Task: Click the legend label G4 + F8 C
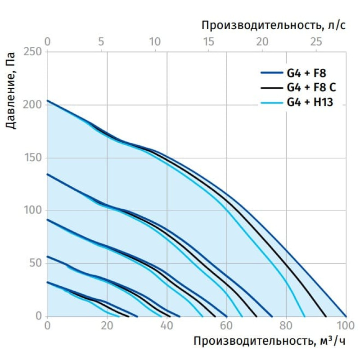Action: click(x=311, y=87)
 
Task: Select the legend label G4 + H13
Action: click(x=310, y=102)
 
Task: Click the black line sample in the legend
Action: click(x=272, y=88)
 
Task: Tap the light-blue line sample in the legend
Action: click(x=272, y=103)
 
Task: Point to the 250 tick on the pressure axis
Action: click(x=32, y=51)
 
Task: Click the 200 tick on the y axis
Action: click(x=32, y=105)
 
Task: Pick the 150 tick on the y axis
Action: click(x=32, y=158)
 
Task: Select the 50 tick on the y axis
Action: click(x=36, y=263)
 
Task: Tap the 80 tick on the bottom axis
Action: click(x=286, y=325)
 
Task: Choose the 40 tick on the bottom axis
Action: click(x=166, y=325)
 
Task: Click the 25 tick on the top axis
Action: click(x=316, y=42)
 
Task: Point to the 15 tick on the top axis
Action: click(x=208, y=42)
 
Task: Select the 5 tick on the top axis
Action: click(x=101, y=42)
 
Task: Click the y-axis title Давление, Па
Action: click(x=11, y=91)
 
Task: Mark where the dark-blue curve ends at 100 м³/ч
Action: click(x=346, y=316)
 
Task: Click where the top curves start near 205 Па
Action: click(x=48, y=100)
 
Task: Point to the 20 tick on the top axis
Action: click(x=262, y=42)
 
